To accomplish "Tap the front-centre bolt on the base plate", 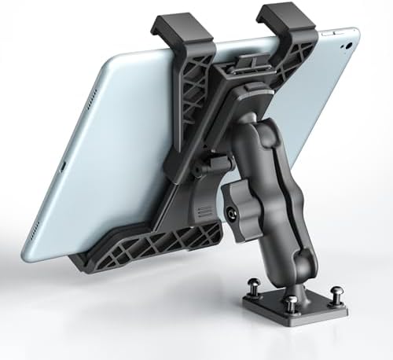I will pyautogui.click(x=292, y=303).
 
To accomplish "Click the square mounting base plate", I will pyautogui.click(x=299, y=310).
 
